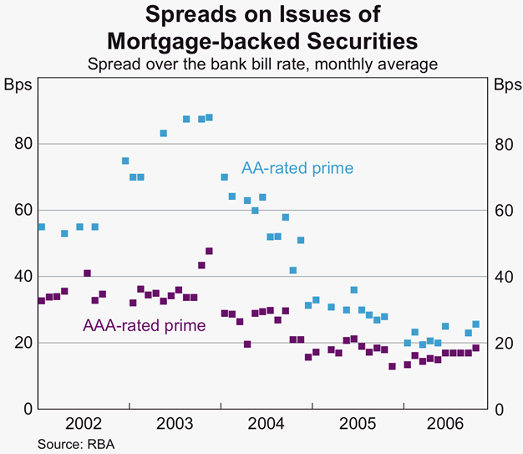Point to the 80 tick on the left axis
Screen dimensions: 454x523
pyautogui.click(x=23, y=144)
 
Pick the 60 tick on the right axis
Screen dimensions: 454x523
pyautogui.click(x=502, y=210)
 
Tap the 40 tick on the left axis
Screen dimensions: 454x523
pyautogui.click(x=23, y=276)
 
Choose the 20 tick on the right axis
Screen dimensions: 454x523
pyautogui.click(x=502, y=343)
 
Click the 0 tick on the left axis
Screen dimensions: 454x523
pyautogui.click(x=27, y=409)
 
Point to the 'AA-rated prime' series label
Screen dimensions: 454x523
pyautogui.click(x=297, y=167)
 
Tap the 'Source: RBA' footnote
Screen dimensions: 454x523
pyautogui.click(x=75, y=444)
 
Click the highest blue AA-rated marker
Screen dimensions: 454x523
pyautogui.click(x=209, y=118)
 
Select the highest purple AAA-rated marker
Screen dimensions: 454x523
pyautogui.click(x=209, y=251)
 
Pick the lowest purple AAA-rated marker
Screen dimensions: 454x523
pyautogui.click(x=392, y=366)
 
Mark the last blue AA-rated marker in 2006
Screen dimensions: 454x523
pyautogui.click(x=475, y=324)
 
